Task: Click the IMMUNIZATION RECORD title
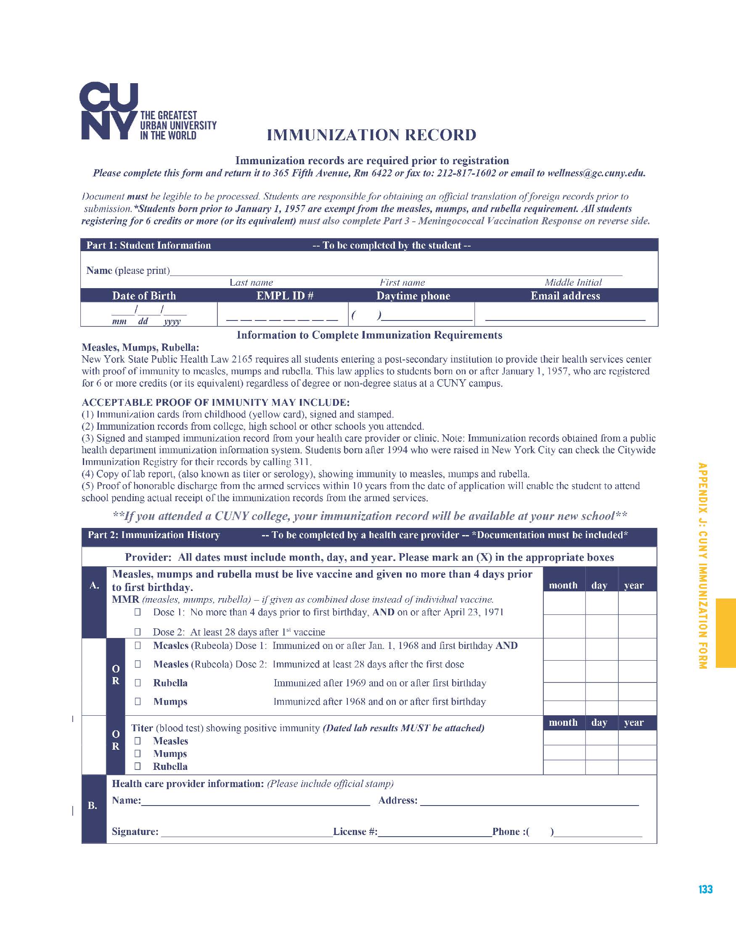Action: [x=371, y=135]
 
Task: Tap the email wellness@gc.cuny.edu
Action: [x=596, y=173]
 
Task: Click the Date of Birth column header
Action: [x=144, y=296]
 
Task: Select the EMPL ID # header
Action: [x=285, y=296]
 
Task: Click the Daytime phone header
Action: [x=413, y=296]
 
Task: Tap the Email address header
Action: [x=565, y=296]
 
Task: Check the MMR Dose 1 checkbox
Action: [x=138, y=612]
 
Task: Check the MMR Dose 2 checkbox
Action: [x=138, y=632]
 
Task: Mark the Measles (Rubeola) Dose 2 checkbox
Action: [x=138, y=664]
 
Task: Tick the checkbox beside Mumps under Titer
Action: [x=138, y=753]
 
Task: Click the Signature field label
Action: [x=135, y=832]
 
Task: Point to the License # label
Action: [x=355, y=832]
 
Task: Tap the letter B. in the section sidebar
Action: [x=93, y=806]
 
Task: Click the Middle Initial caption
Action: [x=573, y=283]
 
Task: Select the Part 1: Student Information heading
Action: [x=148, y=245]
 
